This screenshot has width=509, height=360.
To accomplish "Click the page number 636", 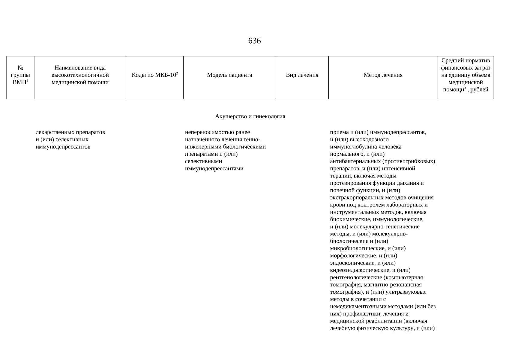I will (254, 41).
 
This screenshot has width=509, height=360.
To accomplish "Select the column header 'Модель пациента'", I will (229, 75).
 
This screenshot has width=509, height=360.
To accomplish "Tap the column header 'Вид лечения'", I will (302, 75).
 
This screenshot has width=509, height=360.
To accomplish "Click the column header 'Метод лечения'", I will (383, 75).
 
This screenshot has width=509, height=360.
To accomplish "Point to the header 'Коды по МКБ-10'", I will (154, 75).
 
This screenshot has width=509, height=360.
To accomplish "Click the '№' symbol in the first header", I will (20, 68).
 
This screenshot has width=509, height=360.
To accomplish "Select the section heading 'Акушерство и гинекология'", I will (250, 116).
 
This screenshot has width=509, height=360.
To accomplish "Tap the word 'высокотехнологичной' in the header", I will (80, 75).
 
